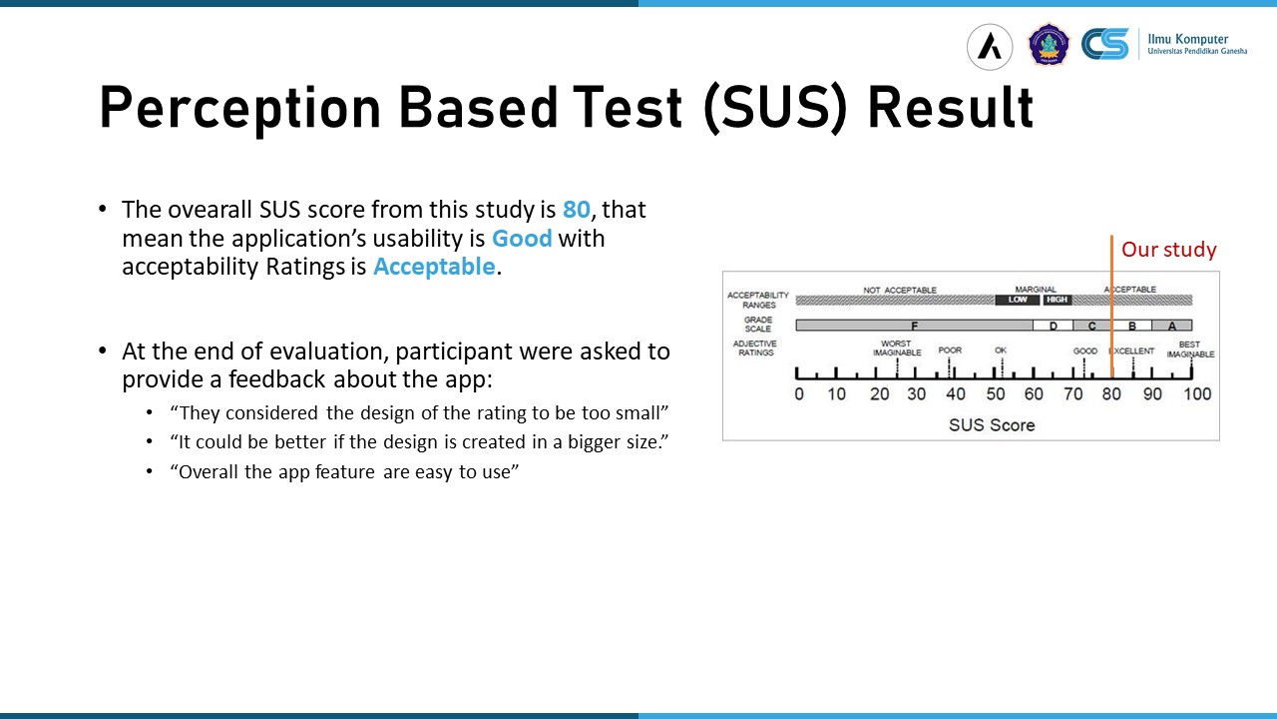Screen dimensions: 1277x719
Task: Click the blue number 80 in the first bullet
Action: tap(576, 210)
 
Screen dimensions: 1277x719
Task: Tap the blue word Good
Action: tap(522, 238)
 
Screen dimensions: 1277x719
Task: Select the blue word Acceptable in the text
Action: tap(434, 267)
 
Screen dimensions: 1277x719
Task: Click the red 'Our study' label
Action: tap(1168, 250)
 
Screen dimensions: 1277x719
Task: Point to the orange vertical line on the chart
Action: tap(1111, 307)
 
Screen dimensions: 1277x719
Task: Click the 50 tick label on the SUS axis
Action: tap(996, 393)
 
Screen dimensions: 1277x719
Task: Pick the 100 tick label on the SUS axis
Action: tap(1197, 393)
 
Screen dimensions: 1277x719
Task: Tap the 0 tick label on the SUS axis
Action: tap(799, 393)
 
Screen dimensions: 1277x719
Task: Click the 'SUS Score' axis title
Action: tap(992, 425)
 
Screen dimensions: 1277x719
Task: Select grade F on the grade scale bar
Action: tap(914, 326)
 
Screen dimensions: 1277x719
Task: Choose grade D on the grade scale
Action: tap(1053, 326)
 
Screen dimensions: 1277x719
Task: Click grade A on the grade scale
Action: tap(1171, 326)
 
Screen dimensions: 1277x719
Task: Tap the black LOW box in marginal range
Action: tap(1018, 300)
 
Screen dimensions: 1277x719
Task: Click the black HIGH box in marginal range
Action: tap(1057, 300)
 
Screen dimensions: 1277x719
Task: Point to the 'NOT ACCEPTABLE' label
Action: tap(900, 290)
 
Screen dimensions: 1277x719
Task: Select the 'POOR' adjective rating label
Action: tap(950, 350)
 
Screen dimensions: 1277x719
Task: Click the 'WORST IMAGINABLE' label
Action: tap(897, 349)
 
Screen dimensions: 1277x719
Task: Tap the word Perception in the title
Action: tap(240, 108)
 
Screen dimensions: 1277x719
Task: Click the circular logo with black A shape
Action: tap(990, 47)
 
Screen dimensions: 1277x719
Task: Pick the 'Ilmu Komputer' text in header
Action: tap(1187, 39)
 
